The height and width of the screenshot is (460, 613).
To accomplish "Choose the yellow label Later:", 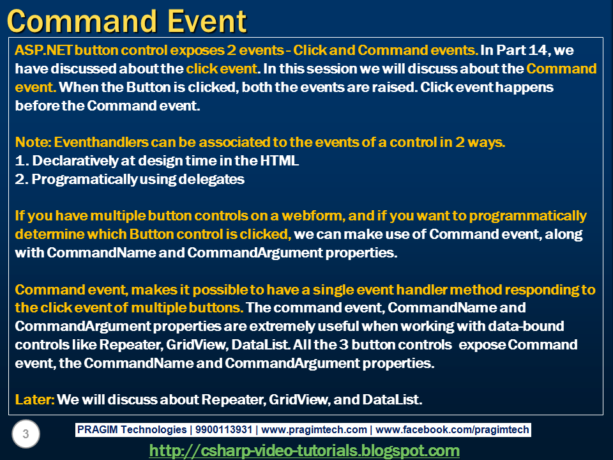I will pyautogui.click(x=33, y=401).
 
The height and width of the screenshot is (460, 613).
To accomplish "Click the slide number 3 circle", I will pyautogui.click(x=26, y=435).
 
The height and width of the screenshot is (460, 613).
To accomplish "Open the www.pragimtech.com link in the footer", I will pyautogui.click(x=314, y=430).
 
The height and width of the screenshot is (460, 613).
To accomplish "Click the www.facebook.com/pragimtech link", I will pyautogui.click(x=452, y=430).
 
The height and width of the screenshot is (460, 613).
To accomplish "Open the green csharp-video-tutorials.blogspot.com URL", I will pyautogui.click(x=304, y=450).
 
